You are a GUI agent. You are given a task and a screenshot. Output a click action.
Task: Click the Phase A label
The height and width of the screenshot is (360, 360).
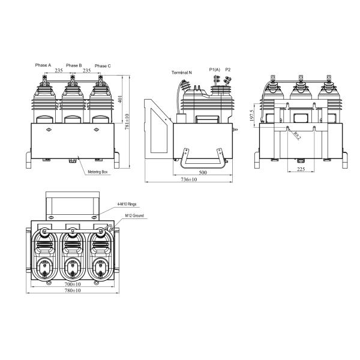pyautogui.click(x=43, y=65)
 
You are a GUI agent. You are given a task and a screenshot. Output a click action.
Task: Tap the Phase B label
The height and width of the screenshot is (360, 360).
pyautogui.click(x=74, y=65)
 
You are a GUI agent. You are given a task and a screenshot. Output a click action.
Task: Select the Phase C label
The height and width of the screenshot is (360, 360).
pyautogui.click(x=103, y=66)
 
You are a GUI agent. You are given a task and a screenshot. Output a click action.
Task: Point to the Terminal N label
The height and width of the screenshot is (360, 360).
pyautogui.click(x=182, y=73)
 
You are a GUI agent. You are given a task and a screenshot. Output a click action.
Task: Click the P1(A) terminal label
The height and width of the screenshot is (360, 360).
pyautogui.click(x=215, y=70)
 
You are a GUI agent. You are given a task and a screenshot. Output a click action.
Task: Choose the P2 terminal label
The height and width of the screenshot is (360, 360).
pyautogui.click(x=228, y=70)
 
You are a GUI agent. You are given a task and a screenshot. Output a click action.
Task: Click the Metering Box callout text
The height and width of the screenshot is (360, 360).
pyautogui.click(x=98, y=172)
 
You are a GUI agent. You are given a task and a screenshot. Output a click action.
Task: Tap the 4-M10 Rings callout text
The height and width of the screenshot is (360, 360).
pyautogui.click(x=127, y=204)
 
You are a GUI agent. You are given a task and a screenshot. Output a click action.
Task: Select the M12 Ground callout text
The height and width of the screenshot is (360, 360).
pyautogui.click(x=134, y=215)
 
